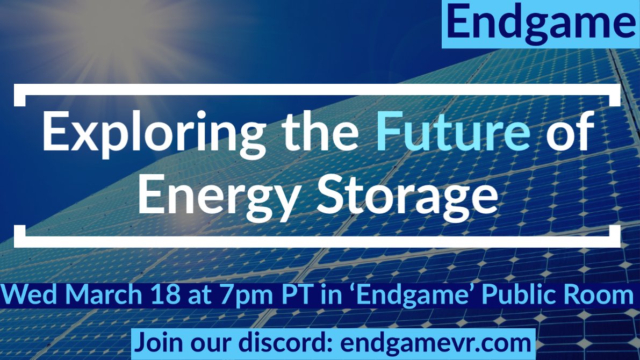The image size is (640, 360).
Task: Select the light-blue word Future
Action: click(x=453, y=133)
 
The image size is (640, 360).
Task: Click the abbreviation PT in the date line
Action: click(x=252, y=296)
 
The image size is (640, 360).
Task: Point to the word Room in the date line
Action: click(x=602, y=296)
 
